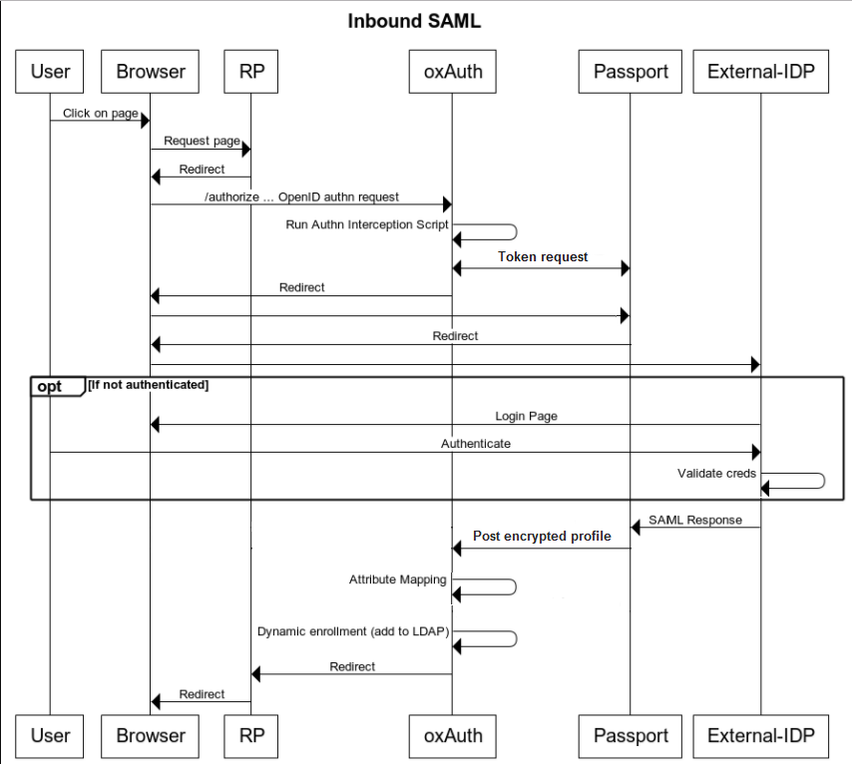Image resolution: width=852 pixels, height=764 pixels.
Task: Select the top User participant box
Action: point(50,71)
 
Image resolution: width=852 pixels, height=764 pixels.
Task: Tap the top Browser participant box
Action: point(151,71)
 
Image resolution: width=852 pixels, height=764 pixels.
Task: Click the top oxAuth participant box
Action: point(452,71)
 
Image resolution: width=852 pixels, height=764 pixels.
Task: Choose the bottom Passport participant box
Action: point(631,736)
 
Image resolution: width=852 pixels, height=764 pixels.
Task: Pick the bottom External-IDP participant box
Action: point(761,736)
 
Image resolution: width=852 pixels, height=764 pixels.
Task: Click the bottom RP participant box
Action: point(251,736)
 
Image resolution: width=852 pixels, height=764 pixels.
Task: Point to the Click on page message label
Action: point(100,113)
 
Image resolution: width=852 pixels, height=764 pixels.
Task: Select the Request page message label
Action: point(202,141)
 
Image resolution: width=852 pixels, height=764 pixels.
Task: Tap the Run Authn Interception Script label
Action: point(367,224)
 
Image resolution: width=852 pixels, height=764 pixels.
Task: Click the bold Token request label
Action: point(543,256)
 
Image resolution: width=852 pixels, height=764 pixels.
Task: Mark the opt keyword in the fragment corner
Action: point(50,386)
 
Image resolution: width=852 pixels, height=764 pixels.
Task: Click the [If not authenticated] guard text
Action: point(149,384)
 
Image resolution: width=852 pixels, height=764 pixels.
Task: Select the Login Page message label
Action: point(526,416)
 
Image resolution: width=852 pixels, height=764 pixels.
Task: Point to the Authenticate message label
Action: point(476,443)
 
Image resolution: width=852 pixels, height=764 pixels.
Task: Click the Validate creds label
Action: point(716,473)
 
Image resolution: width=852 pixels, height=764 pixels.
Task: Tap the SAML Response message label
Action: point(694,520)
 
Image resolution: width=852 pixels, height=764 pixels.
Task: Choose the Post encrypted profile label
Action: point(542,536)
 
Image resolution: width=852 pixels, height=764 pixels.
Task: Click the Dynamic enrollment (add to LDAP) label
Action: point(351,631)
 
